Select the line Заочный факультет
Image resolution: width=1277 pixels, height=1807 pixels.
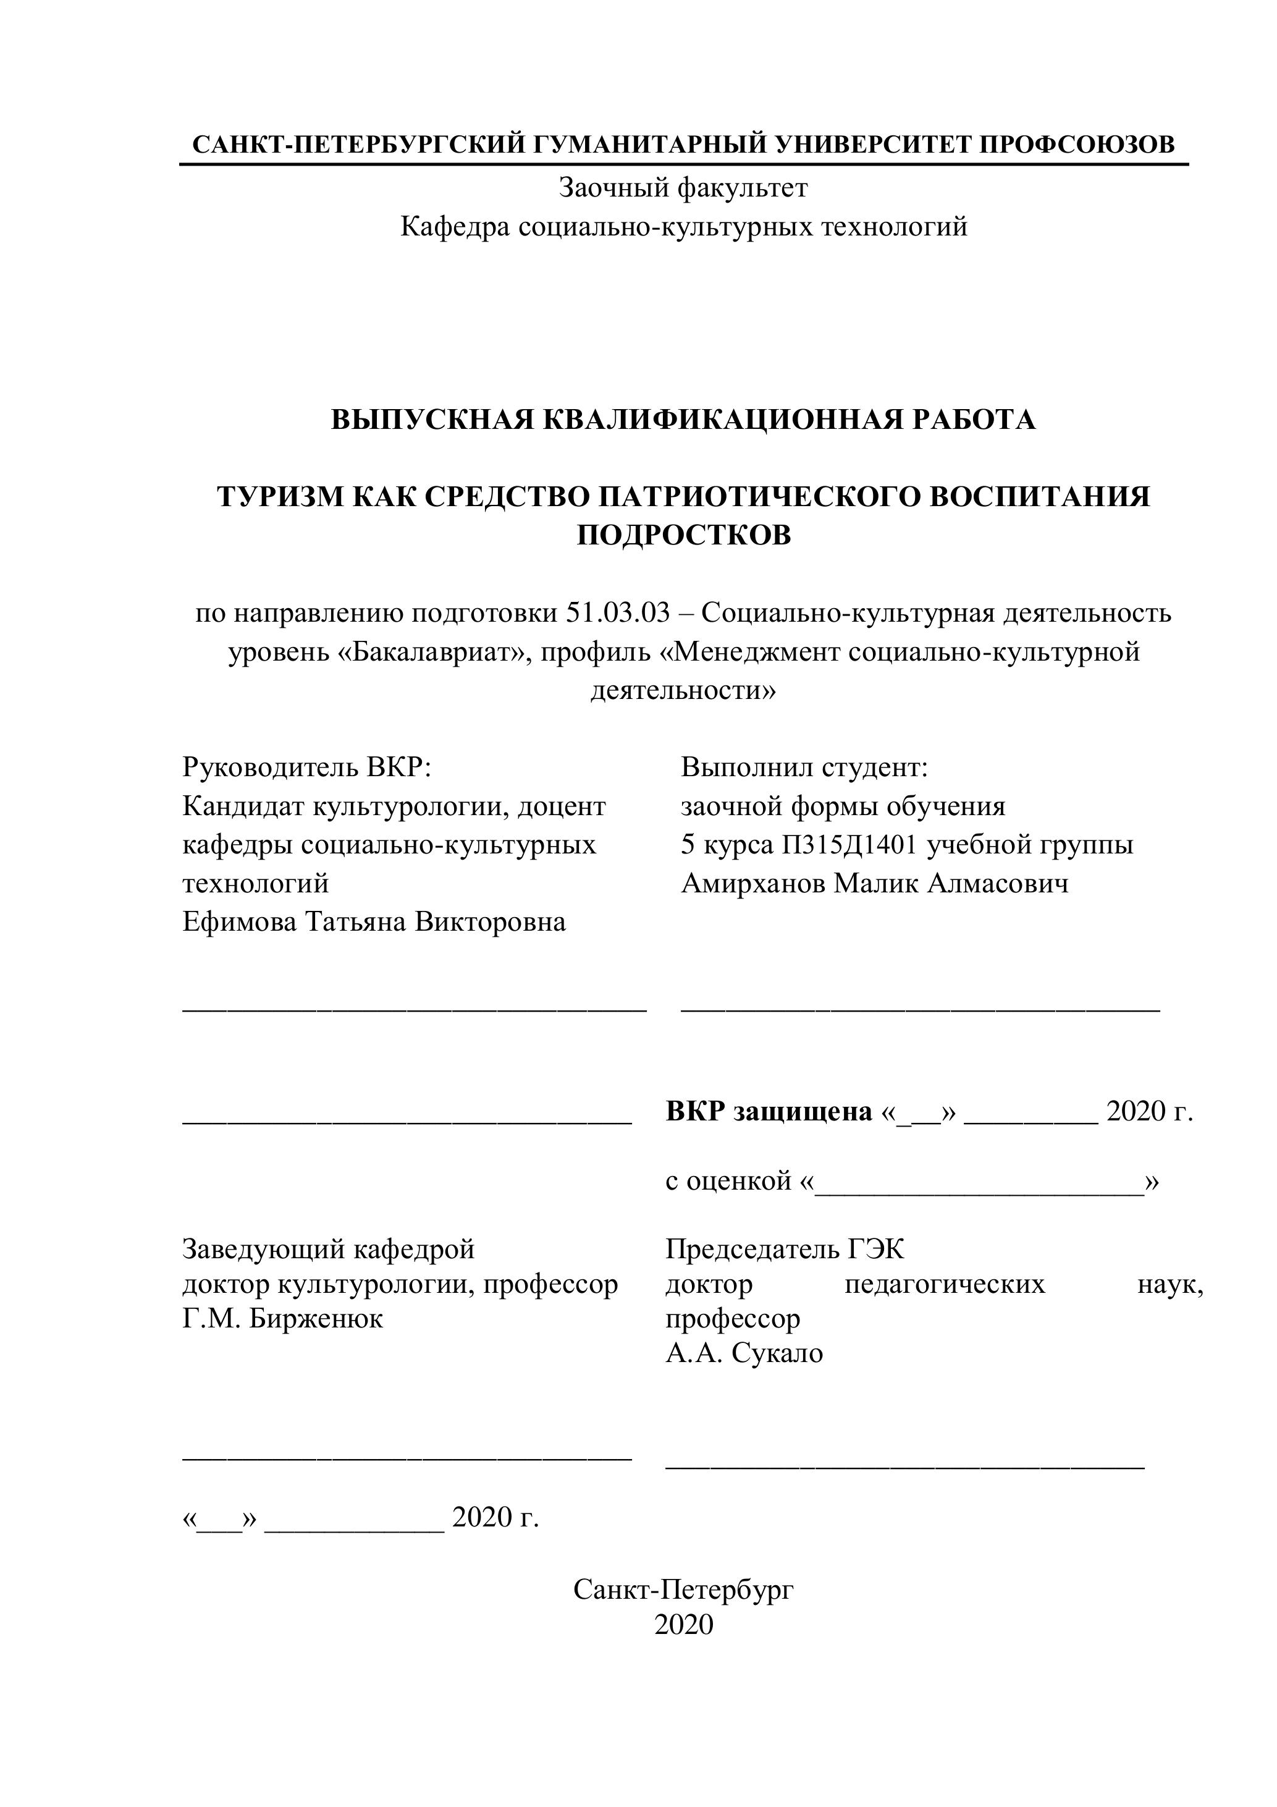tap(683, 188)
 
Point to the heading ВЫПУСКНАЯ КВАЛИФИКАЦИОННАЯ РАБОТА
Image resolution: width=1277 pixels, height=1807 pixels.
tap(683, 420)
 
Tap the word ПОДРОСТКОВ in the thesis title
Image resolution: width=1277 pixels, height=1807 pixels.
tap(683, 535)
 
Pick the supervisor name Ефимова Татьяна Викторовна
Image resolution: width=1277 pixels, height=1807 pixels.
tap(374, 921)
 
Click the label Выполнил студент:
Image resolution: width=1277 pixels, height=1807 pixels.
tap(805, 766)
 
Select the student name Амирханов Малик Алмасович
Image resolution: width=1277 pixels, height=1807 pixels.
tap(874, 883)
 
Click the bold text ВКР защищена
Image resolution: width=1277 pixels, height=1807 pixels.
tap(769, 1111)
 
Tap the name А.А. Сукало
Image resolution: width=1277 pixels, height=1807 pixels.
tap(744, 1353)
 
